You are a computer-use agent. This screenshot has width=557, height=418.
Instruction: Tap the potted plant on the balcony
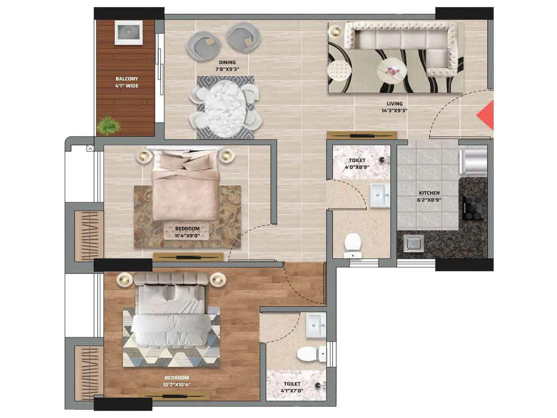[x=108, y=126]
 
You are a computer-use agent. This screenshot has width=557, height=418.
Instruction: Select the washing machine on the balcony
[x=128, y=33]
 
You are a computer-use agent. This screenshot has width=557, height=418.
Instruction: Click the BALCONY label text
[x=127, y=79]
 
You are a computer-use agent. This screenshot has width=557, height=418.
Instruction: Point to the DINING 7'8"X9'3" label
[x=227, y=66]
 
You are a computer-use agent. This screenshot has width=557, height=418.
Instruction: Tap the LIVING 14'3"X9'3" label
[x=394, y=107]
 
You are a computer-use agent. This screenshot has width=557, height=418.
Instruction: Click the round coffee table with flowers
[x=392, y=71]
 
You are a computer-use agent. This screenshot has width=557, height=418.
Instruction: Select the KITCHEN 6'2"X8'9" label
[x=429, y=196]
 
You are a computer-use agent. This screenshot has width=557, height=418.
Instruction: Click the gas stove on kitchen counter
[x=472, y=208]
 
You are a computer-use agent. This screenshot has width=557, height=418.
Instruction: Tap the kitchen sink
[x=414, y=243]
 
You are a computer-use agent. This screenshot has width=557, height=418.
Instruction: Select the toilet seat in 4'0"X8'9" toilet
[x=353, y=243]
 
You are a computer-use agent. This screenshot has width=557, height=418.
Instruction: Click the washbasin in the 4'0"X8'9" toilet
[x=379, y=196]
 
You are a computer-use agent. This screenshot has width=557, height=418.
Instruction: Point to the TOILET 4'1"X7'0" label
[x=292, y=387]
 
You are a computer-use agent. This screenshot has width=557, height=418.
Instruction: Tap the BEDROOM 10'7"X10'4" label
[x=177, y=381]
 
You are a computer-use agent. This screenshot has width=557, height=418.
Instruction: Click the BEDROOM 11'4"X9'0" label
[x=187, y=232]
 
